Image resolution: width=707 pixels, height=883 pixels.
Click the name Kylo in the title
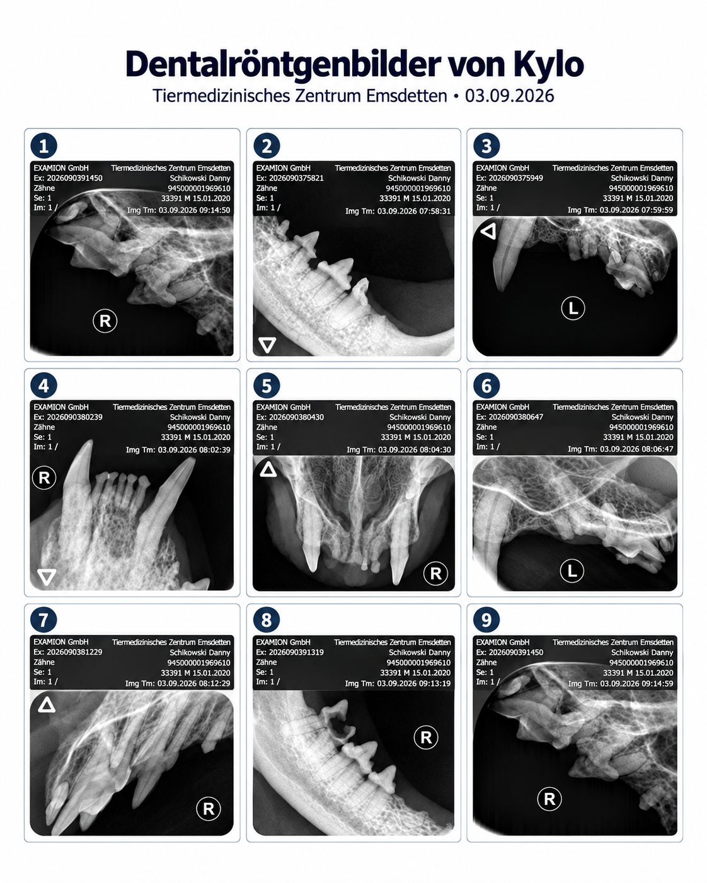(x=548, y=64)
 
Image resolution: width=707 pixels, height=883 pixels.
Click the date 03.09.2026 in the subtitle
(x=509, y=96)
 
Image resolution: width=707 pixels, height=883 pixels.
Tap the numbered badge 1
(x=43, y=145)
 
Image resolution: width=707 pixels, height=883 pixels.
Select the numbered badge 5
(x=267, y=385)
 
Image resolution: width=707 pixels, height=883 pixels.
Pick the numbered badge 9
(x=486, y=620)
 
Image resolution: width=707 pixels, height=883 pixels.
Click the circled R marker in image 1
(x=105, y=321)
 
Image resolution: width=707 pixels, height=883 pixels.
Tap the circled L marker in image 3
(x=573, y=308)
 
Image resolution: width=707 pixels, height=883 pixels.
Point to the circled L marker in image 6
(x=572, y=571)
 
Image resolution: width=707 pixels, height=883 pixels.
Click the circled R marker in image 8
(x=426, y=738)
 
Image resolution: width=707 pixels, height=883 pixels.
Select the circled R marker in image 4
(x=44, y=477)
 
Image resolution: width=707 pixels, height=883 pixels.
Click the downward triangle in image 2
(x=267, y=345)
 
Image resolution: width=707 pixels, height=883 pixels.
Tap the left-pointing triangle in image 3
(x=488, y=231)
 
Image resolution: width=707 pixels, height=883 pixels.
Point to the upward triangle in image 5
(x=268, y=469)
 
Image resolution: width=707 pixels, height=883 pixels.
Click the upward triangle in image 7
(x=47, y=705)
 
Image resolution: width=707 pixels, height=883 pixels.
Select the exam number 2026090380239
(x=75, y=418)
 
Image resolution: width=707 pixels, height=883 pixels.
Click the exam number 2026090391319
(x=296, y=652)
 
